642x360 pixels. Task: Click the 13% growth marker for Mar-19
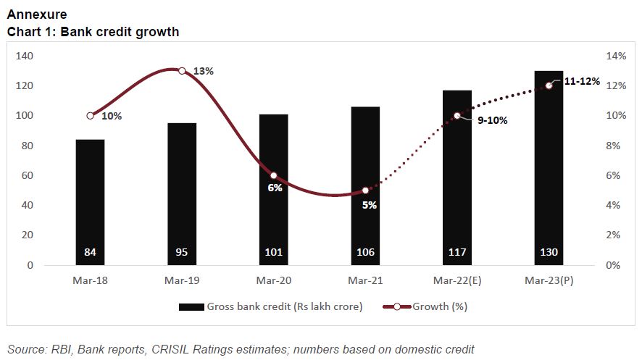coord(182,71)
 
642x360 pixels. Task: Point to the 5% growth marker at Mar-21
coord(365,191)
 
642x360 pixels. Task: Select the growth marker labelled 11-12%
coord(549,85)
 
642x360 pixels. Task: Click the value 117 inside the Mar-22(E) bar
coord(457,252)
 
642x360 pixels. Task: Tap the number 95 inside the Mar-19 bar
coord(182,252)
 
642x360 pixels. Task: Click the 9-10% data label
coord(492,120)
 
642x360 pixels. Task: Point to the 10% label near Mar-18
coord(112,115)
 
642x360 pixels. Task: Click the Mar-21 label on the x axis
coord(365,281)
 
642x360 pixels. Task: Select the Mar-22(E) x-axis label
coord(457,281)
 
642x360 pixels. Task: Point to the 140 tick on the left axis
coord(25,56)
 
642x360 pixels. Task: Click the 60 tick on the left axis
coord(28,175)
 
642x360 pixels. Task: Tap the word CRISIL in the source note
coord(172,349)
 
